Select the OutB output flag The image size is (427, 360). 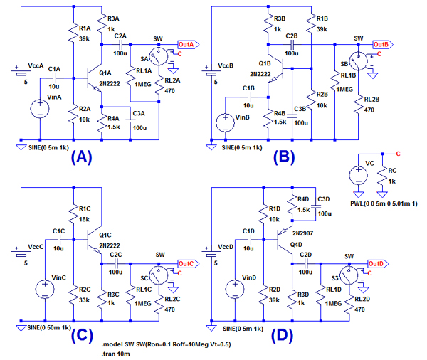(x=381, y=43)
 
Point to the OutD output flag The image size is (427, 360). (x=376, y=263)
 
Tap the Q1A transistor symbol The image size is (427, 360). (x=95, y=79)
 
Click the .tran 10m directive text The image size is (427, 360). (x=120, y=353)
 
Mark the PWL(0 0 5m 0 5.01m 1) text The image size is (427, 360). (x=385, y=204)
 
